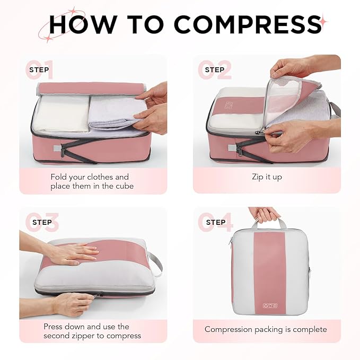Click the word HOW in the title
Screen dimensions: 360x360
tap(82, 24)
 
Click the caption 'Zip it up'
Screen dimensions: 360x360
tap(267, 177)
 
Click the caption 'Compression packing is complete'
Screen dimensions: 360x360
tap(266, 329)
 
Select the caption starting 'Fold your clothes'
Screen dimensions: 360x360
tap(90, 181)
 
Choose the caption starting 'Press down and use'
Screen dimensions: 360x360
tap(92, 331)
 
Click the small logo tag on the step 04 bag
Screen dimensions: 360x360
tap(269, 304)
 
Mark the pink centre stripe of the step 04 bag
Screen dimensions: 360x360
tap(269, 265)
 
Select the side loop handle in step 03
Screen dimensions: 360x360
tap(155, 263)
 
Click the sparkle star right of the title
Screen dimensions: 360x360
tap(323, 21)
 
